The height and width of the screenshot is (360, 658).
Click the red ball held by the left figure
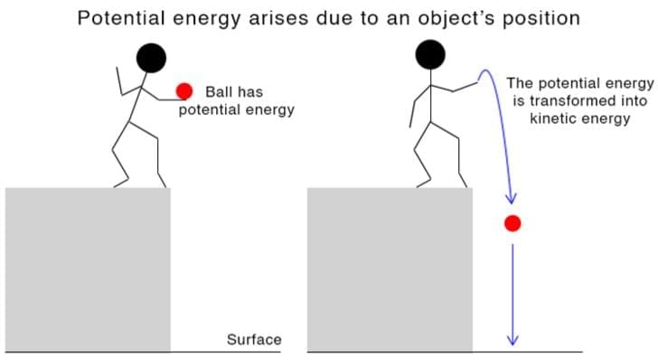[x=184, y=90]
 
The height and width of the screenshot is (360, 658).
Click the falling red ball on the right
[x=512, y=223]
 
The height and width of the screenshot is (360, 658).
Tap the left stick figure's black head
[x=150, y=58]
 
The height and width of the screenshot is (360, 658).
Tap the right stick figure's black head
[x=430, y=56]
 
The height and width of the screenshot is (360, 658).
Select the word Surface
[x=254, y=340]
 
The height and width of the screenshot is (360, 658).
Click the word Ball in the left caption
[x=220, y=91]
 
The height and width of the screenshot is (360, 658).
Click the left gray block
[x=88, y=269]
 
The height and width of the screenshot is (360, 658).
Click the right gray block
[x=390, y=269]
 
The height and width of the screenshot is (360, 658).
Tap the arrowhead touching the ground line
[x=512, y=340]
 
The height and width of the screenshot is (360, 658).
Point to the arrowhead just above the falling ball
[x=512, y=196]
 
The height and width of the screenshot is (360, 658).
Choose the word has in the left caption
[x=249, y=91]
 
